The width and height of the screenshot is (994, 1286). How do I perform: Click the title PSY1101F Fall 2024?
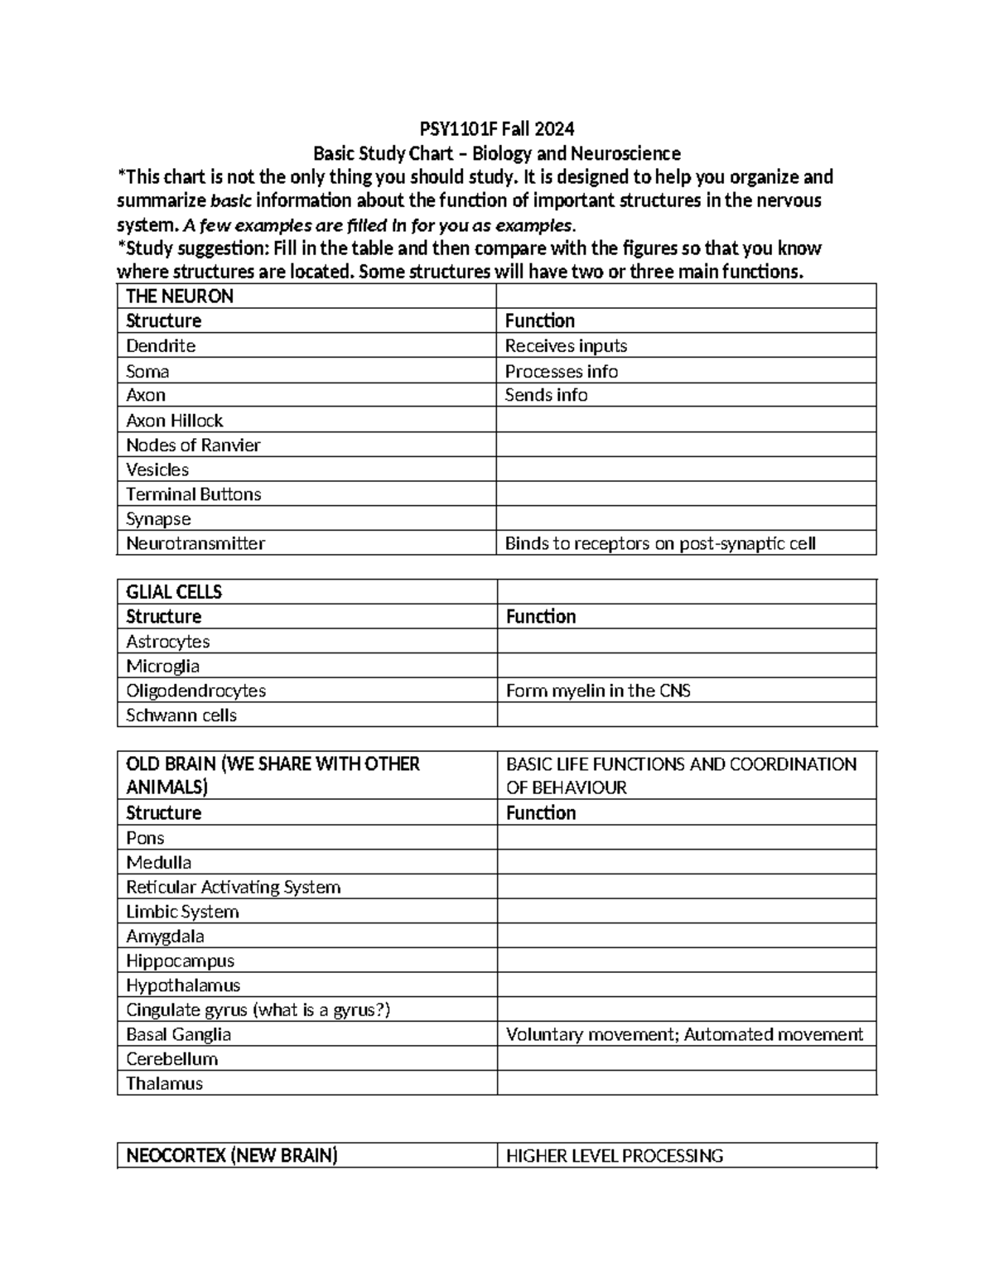pyautogui.click(x=496, y=129)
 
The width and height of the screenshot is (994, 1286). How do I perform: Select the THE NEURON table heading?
pyautogui.click(x=179, y=296)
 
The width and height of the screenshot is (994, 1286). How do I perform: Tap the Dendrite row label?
pyautogui.click(x=161, y=345)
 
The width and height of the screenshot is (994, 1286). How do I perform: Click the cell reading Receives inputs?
pyautogui.click(x=566, y=345)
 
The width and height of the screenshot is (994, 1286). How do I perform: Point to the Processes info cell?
pyautogui.click(x=562, y=371)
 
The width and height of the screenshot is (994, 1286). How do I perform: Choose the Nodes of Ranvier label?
pyautogui.click(x=193, y=445)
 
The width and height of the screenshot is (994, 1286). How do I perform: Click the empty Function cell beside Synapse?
pyautogui.click(x=686, y=518)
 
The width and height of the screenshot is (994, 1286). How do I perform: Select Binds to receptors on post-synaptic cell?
pyautogui.click(x=660, y=543)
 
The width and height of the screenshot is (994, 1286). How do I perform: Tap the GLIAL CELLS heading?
pyautogui.click(x=174, y=592)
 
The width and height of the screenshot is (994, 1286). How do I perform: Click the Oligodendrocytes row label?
pyautogui.click(x=195, y=691)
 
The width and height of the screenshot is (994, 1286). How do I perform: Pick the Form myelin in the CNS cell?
pyautogui.click(x=598, y=691)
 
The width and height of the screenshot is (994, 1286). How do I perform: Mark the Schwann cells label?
pyautogui.click(x=181, y=715)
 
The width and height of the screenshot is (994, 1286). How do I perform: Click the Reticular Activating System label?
pyautogui.click(x=233, y=887)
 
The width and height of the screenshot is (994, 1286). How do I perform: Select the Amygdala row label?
pyautogui.click(x=165, y=936)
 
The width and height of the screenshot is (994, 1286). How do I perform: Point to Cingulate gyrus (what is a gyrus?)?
pyautogui.click(x=258, y=1009)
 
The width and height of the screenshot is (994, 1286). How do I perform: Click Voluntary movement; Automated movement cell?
pyautogui.click(x=684, y=1034)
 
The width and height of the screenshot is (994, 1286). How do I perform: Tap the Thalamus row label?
pyautogui.click(x=164, y=1083)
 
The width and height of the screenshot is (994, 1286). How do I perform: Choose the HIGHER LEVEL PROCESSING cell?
pyautogui.click(x=615, y=1156)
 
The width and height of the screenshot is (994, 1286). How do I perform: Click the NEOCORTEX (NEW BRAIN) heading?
pyautogui.click(x=231, y=1156)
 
